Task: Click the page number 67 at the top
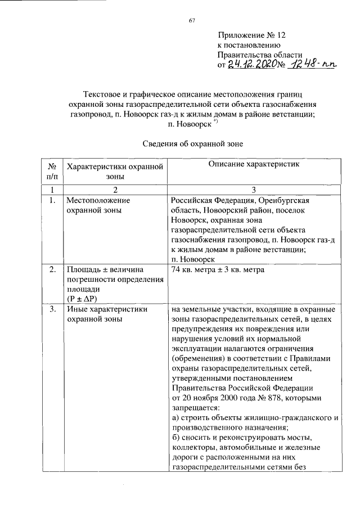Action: (192, 21)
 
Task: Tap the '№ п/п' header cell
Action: (51, 171)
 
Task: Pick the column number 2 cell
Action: (114, 190)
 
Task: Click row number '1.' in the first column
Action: (51, 200)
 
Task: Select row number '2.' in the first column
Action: (51, 271)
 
